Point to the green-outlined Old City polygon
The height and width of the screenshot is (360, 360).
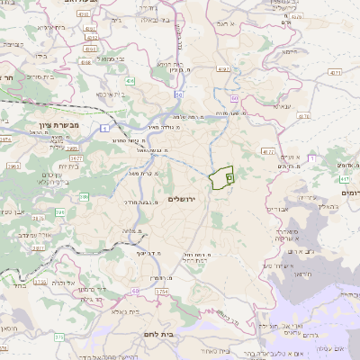221,177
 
